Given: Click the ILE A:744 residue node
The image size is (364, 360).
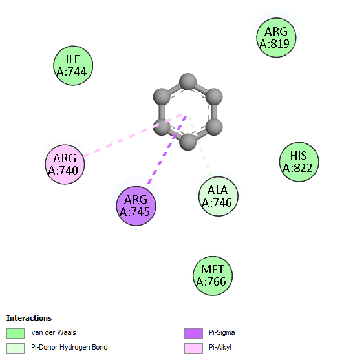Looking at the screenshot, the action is coord(73,66).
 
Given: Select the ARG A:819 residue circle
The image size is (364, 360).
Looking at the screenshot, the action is coord(276,37).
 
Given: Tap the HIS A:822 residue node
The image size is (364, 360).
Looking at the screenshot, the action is coord(299,162).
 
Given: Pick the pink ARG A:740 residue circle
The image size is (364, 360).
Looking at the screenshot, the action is coord(65,165).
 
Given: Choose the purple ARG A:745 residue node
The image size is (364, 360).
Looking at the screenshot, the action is coord(136,206).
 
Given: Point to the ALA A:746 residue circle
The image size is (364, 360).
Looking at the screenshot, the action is coord(219,196).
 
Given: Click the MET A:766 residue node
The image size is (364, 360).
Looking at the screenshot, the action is coord(213,276).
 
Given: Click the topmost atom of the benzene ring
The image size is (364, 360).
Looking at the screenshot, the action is coord(187,81).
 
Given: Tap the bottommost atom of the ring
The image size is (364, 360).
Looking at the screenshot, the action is coord(187,142).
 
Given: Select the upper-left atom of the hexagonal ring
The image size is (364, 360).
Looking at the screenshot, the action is coord(162,97).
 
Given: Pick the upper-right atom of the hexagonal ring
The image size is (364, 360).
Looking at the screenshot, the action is coord(214,97).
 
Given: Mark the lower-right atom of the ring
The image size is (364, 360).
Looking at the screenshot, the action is coord(214,127).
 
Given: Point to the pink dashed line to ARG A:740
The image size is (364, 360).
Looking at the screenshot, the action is coord(133,134).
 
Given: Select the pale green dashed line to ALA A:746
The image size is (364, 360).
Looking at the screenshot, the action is coord(200,145).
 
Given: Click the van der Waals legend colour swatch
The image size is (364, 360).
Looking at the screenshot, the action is coord(16,334).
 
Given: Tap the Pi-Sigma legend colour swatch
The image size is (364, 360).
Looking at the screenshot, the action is coord(193,334).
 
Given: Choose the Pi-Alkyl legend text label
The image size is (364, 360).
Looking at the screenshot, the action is coord(220,347).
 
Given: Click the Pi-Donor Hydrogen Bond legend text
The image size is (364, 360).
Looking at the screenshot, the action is coord(69,347).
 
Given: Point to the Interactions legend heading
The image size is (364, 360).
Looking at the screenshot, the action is coord(29,318).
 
